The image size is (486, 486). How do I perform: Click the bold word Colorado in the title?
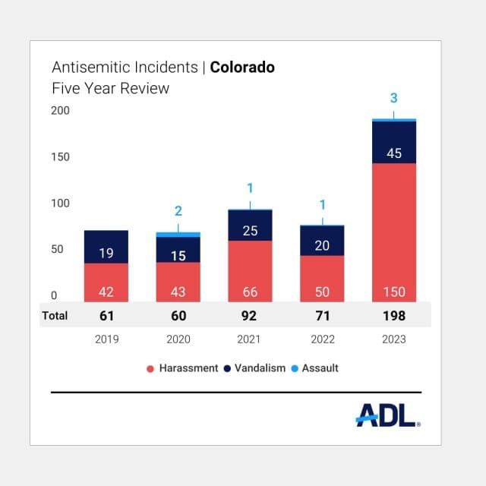242,68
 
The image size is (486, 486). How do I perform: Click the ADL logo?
388,415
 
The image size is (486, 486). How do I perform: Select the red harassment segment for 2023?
394,232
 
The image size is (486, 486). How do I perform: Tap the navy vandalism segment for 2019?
106,247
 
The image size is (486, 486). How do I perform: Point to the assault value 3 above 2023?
393,98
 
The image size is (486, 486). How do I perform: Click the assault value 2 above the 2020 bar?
178,211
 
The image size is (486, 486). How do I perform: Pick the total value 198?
394,316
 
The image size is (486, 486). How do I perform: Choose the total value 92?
249,316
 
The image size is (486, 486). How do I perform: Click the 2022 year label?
323,339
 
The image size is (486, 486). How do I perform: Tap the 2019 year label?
106,339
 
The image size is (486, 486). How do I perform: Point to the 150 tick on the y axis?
60,157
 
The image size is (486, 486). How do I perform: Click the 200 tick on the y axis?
60,111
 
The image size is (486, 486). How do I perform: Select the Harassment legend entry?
182,368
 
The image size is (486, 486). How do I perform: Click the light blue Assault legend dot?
295,368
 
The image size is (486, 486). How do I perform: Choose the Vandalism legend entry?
254,368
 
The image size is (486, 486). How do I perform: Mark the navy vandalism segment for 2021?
250,225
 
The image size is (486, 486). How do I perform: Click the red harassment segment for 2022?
322,279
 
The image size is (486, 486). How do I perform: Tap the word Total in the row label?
55,316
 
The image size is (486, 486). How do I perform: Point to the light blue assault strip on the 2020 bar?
178,235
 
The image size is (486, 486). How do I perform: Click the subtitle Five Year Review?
111,88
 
